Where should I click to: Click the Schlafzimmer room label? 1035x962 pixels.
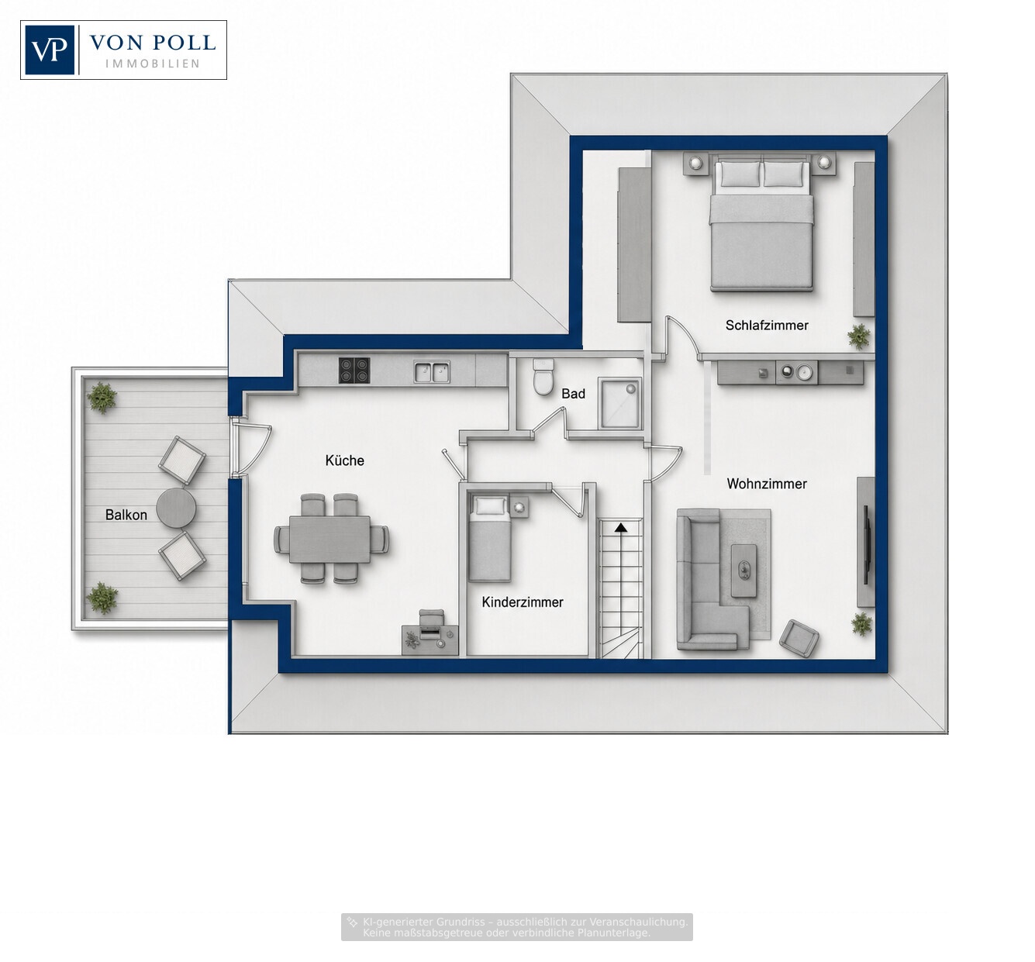click(x=767, y=325)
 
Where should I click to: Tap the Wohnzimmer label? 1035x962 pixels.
click(x=767, y=484)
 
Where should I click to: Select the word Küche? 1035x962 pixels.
click(x=344, y=460)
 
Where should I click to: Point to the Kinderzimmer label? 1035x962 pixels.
click(x=523, y=602)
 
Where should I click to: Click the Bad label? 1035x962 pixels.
click(x=573, y=394)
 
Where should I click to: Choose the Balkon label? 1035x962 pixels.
click(x=126, y=515)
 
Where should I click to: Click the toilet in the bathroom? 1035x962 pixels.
click(x=543, y=377)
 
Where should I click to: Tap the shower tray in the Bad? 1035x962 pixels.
click(x=619, y=403)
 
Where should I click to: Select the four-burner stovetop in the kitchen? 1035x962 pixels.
click(x=354, y=371)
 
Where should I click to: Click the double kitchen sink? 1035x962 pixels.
click(x=432, y=372)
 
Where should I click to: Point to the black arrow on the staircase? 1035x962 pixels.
click(x=620, y=528)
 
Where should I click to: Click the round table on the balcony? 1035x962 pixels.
click(x=176, y=508)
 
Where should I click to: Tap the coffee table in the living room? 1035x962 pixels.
click(x=743, y=570)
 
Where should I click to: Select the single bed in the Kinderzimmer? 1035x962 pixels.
click(x=489, y=539)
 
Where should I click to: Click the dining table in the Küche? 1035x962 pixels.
click(x=330, y=540)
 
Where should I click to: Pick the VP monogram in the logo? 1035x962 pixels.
click(x=50, y=50)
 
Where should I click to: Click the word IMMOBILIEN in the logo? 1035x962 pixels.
click(x=153, y=64)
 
